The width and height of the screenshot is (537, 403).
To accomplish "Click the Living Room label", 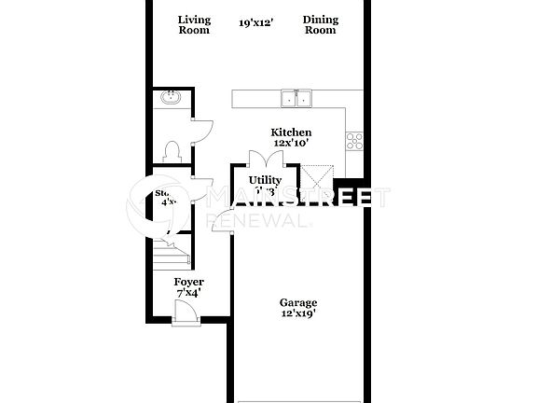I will [x=194, y=25].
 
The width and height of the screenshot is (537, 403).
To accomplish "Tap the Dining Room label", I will [x=320, y=25].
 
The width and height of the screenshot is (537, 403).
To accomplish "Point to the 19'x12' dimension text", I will [x=255, y=22].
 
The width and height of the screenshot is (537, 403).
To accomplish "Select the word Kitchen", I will [x=291, y=132].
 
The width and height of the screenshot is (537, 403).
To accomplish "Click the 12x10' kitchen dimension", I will [x=290, y=144].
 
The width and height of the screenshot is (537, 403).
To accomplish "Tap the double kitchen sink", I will [x=297, y=99].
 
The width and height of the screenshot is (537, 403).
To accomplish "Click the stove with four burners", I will [x=354, y=141].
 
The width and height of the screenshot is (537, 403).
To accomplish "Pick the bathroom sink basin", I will [x=171, y=98].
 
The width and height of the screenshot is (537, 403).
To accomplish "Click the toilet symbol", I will [x=171, y=151].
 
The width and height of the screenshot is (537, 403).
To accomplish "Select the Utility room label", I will [x=265, y=179].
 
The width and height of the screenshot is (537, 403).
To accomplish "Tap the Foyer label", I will [x=189, y=282].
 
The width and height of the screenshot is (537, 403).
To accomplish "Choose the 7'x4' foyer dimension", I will [x=189, y=293].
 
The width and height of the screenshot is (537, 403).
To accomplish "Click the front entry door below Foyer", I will [x=184, y=314].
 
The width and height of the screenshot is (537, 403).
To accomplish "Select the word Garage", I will [x=298, y=302].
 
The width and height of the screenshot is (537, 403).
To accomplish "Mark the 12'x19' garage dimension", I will [x=298, y=313].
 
